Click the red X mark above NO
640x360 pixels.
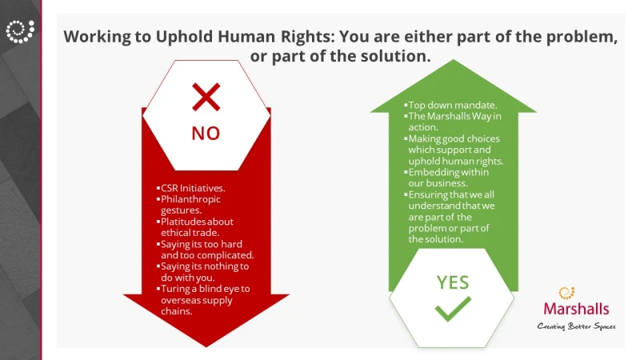coord(206,97)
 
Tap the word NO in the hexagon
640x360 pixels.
coord(206,134)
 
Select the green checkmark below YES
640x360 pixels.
coord(453,309)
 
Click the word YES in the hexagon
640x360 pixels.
coord(453,282)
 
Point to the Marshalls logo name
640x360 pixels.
coord(576,309)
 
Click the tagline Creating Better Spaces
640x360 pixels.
coord(576,326)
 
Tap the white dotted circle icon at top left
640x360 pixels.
coord(20,31)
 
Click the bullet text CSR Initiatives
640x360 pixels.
coord(193,188)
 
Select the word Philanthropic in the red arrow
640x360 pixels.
coord(190,199)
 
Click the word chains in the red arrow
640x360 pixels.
coord(176,311)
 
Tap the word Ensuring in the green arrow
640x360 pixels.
coord(428,195)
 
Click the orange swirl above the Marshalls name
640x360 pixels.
coord(566,292)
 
